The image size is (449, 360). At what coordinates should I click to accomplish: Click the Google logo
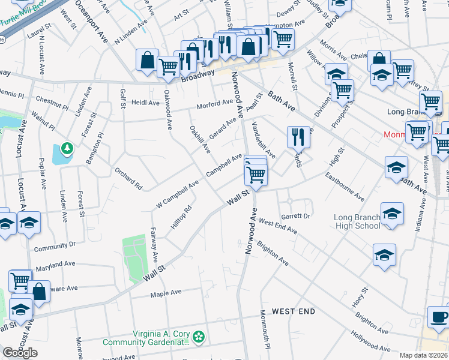point(20,353)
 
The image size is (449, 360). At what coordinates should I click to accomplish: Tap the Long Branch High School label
point(357,221)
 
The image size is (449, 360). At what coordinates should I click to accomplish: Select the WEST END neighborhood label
point(293,311)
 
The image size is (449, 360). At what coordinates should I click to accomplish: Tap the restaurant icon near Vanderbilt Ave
point(298,137)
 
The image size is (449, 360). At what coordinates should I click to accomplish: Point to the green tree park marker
point(66,148)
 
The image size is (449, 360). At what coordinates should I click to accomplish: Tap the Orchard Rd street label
point(128,178)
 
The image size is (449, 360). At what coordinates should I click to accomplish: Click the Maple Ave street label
point(166,293)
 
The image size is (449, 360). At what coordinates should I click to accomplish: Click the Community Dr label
point(55,245)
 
